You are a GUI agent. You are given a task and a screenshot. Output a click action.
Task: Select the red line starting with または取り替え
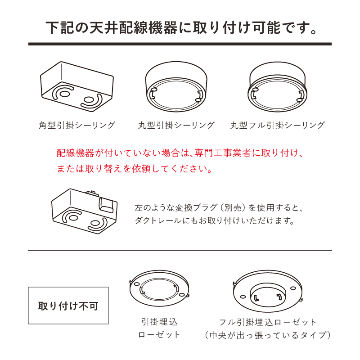(134, 170)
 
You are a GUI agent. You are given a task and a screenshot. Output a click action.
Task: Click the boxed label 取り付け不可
(68, 306)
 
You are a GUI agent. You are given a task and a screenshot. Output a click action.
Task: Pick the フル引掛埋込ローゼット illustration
(267, 290)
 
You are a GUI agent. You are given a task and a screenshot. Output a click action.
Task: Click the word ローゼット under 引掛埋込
(159, 335)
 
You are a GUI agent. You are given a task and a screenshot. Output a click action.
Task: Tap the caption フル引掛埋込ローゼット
(268, 322)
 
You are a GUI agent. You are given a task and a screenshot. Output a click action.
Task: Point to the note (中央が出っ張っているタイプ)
(268, 335)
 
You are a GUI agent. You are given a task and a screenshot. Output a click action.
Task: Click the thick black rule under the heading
(180, 44)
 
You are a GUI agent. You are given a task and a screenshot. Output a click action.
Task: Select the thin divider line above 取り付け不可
(180, 251)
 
